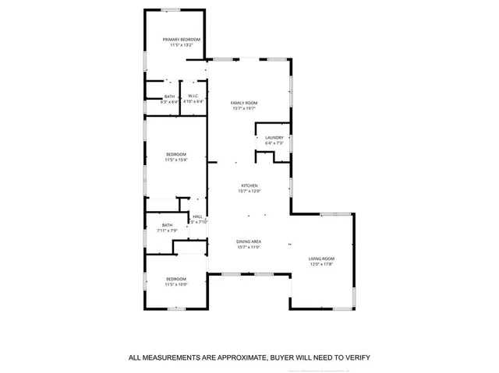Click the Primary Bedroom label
pos(181,40)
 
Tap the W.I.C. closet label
pos(195,97)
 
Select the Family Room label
pos(244,103)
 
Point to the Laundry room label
pos(274,138)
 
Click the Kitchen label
pos(249,185)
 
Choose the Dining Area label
pos(249,241)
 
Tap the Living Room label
pos(321,259)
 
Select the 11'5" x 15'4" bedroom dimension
pos(175,160)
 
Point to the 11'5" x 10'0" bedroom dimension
pos(175,284)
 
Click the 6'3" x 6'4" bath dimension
pos(169,101)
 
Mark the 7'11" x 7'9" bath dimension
pos(168,230)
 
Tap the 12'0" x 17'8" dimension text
pos(321,264)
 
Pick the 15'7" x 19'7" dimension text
pos(244,108)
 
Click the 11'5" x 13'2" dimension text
pos(181,45)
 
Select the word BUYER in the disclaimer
pos(284,357)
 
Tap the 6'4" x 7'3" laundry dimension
pos(274,143)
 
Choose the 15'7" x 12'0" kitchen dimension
pos(249,191)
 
